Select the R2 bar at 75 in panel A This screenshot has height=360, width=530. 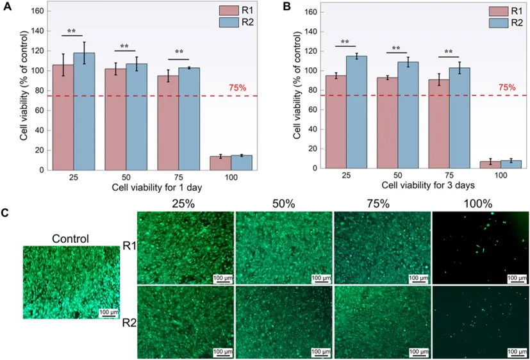tap(189, 119)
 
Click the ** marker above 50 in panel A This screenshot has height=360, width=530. tap(124, 47)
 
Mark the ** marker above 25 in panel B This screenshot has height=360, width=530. tap(345, 43)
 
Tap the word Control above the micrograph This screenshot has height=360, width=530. tap(70, 239)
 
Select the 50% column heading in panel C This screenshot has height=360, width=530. tap(283, 204)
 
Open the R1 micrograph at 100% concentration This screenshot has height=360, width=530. tap(480, 247)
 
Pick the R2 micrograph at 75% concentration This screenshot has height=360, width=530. tap(381, 322)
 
